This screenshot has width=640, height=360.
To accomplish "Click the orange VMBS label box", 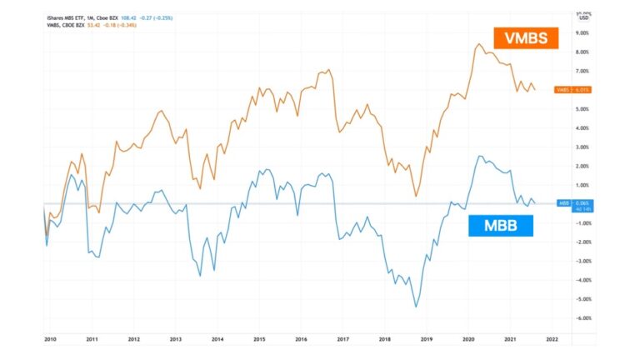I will [525, 37].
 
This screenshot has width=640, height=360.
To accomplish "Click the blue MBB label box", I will [500, 225].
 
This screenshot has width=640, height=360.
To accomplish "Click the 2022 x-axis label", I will [552, 339].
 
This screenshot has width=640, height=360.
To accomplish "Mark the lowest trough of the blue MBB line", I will [416, 307].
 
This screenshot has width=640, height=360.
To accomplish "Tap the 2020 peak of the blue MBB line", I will [480, 156].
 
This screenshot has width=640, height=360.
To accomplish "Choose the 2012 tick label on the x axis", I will [133, 339].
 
